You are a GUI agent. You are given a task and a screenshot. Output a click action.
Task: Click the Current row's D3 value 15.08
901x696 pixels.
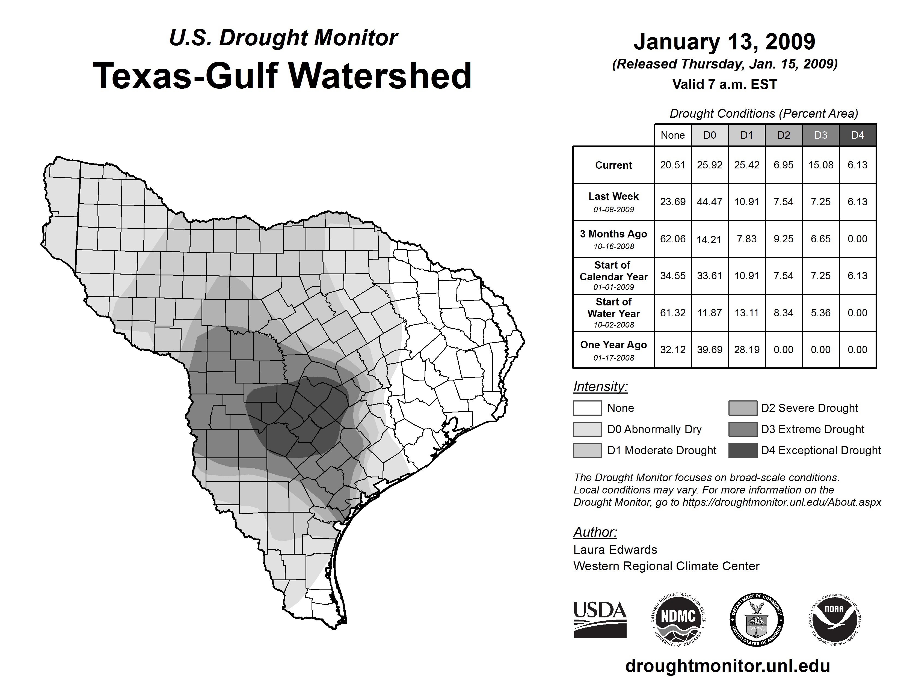(x=820, y=165)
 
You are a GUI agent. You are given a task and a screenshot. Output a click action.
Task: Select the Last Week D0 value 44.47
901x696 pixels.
(x=710, y=202)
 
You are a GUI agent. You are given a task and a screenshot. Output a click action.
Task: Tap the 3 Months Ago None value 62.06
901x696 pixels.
(x=672, y=239)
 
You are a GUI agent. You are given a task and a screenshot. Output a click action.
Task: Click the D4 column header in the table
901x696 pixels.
(x=857, y=135)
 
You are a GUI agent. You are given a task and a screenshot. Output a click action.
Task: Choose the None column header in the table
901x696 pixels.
(x=672, y=135)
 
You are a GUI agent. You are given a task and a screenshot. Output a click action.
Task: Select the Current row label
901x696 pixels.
(x=613, y=165)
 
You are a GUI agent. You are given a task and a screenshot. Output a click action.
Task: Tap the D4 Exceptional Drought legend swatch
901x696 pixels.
(x=743, y=450)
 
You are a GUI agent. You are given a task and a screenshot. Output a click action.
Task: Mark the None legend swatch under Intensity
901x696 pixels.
(x=587, y=408)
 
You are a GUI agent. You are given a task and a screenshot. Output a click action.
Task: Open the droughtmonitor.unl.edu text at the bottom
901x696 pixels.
(x=728, y=666)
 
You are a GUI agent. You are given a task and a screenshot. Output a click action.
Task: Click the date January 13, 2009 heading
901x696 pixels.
(x=724, y=42)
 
